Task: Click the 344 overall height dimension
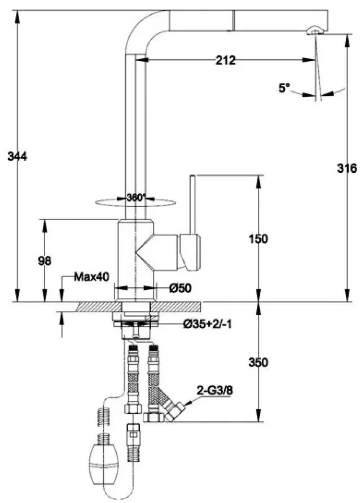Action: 17,156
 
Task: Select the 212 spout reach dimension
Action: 225,60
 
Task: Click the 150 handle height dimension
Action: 258,238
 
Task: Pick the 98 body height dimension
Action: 45,261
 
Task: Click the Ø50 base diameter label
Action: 181,288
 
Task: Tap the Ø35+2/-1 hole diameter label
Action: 207,324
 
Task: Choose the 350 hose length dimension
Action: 258,362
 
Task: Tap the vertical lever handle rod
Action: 192,203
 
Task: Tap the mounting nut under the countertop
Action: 135,323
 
